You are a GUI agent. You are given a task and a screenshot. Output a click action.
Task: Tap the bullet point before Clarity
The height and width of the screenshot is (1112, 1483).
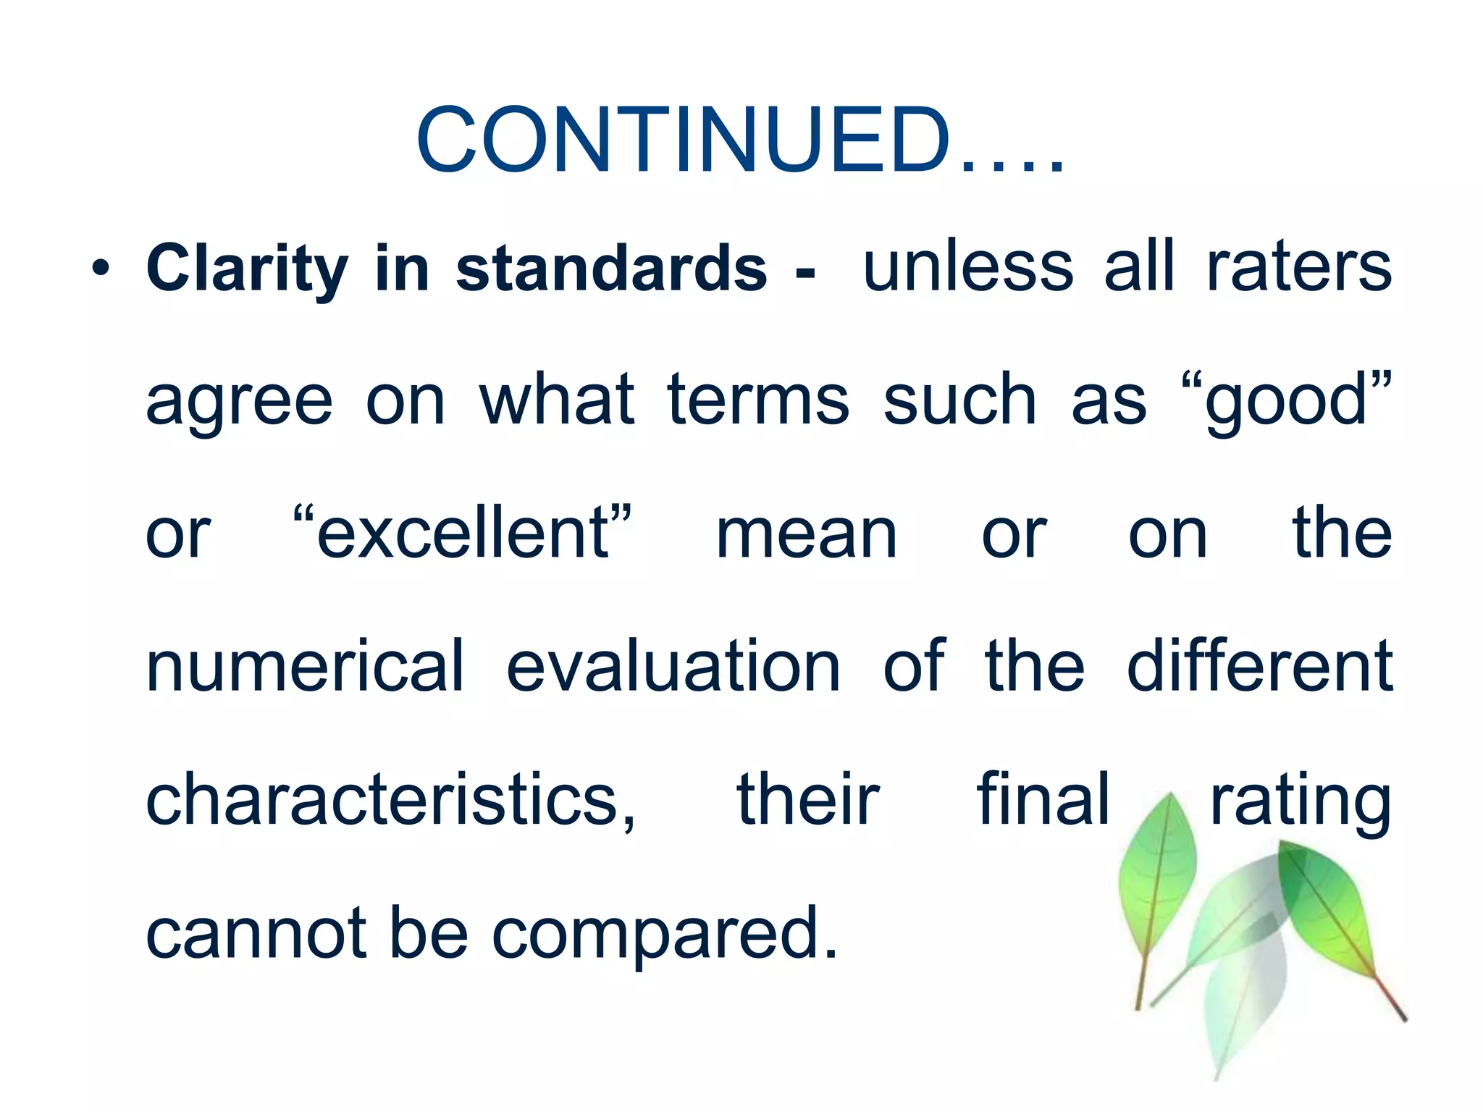coord(101,269)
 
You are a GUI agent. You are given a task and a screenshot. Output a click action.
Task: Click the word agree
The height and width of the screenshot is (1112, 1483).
coord(239,402)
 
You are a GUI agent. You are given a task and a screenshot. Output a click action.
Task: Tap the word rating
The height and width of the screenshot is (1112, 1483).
coord(1301,800)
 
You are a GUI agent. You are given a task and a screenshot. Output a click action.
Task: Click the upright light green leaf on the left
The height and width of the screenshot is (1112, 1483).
coord(1156,876)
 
